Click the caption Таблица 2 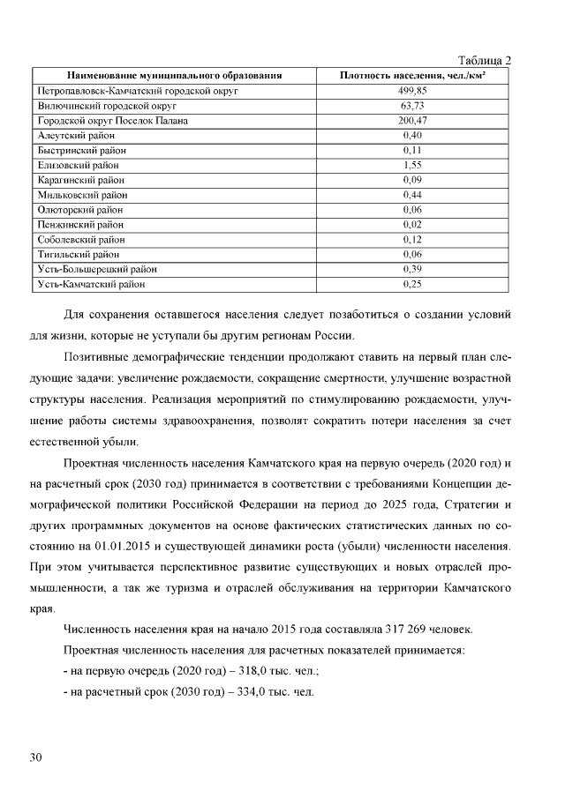pyautogui.click(x=486, y=61)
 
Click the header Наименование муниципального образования pyautogui.click(x=174, y=76)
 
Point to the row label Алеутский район pyautogui.click(x=76, y=135)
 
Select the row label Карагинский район pyautogui.click(x=80, y=180)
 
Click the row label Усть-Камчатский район pyautogui.click(x=91, y=284)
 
